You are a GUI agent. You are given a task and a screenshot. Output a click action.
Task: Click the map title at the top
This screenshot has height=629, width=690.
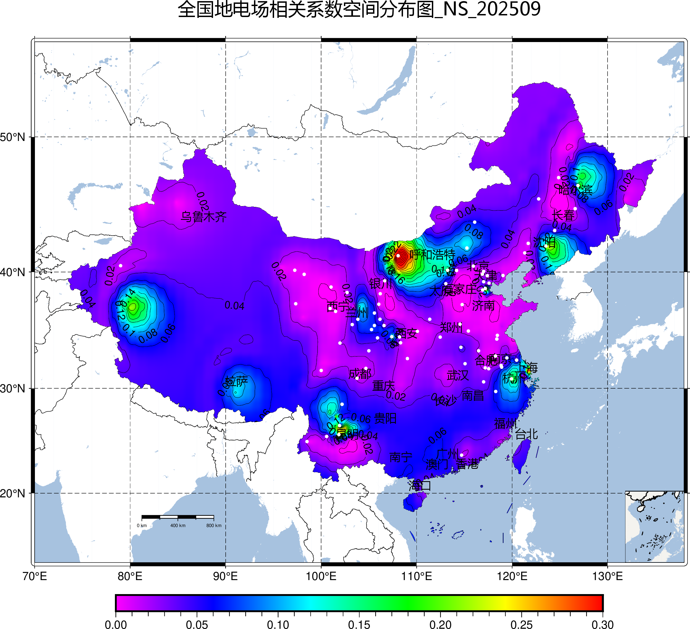pos(359,9)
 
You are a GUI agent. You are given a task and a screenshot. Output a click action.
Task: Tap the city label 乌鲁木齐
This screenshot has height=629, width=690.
pos(204,217)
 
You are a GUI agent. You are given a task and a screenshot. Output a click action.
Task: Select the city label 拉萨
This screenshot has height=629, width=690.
pos(236,381)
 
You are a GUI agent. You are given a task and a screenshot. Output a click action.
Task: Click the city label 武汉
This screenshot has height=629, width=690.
pos(458,375)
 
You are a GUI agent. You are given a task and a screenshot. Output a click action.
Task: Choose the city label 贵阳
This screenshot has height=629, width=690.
pos(385,418)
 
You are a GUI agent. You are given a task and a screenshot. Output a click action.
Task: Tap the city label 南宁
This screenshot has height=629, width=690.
pos(401,457)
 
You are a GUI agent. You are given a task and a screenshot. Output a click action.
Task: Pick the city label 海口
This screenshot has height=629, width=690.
pos(419,485)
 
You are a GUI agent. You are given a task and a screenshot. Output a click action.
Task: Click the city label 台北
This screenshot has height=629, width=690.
pos(526,434)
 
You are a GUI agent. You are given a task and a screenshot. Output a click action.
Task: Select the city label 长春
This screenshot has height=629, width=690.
pos(563,216)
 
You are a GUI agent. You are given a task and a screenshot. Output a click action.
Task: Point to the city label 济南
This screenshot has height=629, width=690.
pos(483,306)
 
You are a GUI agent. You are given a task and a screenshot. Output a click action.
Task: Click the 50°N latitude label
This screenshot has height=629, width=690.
pos(13,137)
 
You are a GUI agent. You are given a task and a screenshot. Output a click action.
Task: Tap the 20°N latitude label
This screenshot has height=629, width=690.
pos(13,494)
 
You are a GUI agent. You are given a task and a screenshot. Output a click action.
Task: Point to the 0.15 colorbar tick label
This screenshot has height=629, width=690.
pos(359,625)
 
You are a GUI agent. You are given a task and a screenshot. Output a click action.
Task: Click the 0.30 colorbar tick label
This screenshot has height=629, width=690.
pos(602,625)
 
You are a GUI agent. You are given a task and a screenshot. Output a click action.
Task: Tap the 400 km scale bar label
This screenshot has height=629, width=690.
pos(178,526)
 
